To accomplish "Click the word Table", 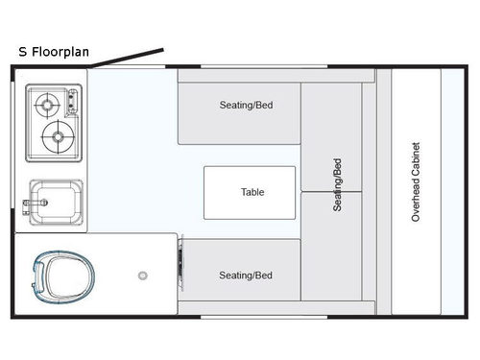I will tap(252, 192).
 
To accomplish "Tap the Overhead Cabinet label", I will tap(416, 182).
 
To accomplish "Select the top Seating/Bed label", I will tap(246, 106).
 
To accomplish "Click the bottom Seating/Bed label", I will tap(246, 276).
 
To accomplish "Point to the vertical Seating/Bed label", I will tap(337, 184).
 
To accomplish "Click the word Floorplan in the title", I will tap(60, 52).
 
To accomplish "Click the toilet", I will tap(58, 276).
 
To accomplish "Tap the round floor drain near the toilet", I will tap(142, 275).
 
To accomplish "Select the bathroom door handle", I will tap(179, 259).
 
